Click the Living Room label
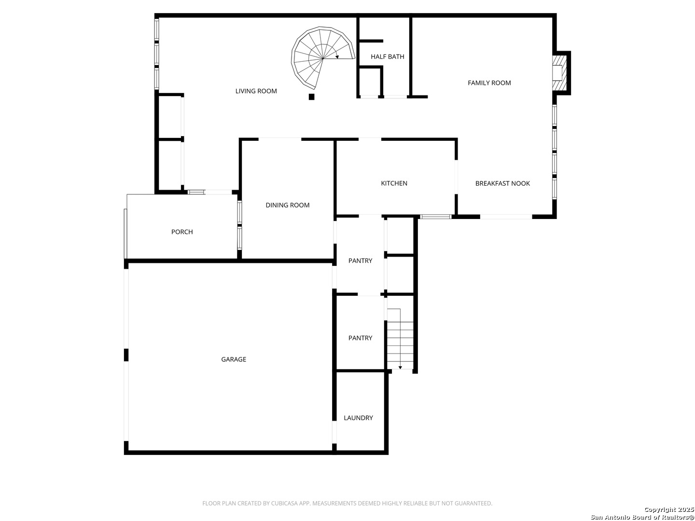pyautogui.click(x=256, y=91)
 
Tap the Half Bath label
pyautogui.click(x=387, y=56)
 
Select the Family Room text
pyautogui.click(x=489, y=83)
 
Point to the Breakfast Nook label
pyautogui.click(x=502, y=183)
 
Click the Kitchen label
pyautogui.click(x=394, y=183)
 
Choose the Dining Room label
pyautogui.click(x=288, y=205)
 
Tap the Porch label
pyautogui.click(x=182, y=232)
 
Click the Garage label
pyautogui.click(x=234, y=359)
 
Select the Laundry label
pyautogui.click(x=359, y=418)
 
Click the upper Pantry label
pyautogui.click(x=361, y=260)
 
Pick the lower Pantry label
pyautogui.click(x=361, y=338)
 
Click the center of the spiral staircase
pyautogui.click(x=323, y=58)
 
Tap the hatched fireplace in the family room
pyautogui.click(x=558, y=73)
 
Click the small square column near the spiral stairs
pyautogui.click(x=312, y=97)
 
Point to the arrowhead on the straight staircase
pyautogui.click(x=400, y=367)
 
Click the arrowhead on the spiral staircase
pyautogui.click(x=337, y=57)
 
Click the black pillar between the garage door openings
pyautogui.click(x=126, y=355)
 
